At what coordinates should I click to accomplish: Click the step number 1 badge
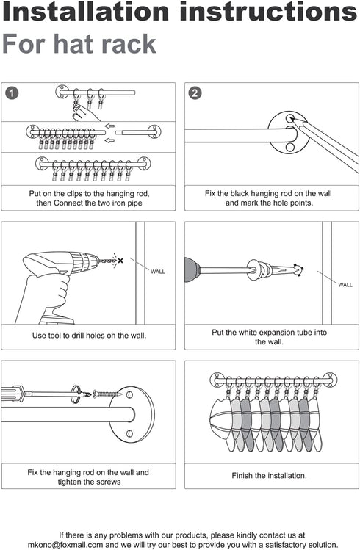coord(12,93)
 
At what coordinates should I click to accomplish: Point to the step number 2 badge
coord(195,93)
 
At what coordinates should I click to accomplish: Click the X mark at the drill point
coord(120,261)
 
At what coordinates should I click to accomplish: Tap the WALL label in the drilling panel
coord(158,272)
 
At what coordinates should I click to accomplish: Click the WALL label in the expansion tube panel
coord(345,285)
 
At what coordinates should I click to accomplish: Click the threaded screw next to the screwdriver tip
coord(106,394)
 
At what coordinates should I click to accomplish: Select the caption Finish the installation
coord(269,476)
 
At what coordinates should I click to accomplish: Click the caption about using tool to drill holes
coord(89,336)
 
